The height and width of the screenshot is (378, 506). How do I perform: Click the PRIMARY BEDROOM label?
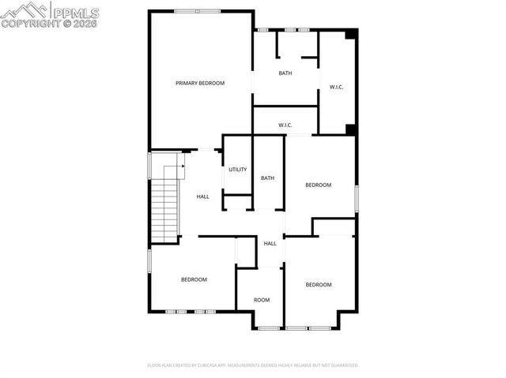click(x=200, y=83)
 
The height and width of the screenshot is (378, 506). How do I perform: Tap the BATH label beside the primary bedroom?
click(x=285, y=73)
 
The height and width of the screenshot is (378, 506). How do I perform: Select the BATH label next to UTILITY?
click(x=268, y=178)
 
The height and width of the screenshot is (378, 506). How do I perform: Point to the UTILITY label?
click(x=237, y=170)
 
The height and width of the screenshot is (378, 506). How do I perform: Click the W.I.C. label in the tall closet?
click(x=336, y=87)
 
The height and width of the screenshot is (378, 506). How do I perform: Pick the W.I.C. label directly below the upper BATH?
click(x=285, y=125)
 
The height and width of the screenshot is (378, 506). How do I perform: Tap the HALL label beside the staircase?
click(x=203, y=196)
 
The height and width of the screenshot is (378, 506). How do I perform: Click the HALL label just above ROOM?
click(x=270, y=243)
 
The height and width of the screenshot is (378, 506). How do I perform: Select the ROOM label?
click(x=262, y=300)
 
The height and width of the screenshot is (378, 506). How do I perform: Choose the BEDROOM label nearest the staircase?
click(x=194, y=279)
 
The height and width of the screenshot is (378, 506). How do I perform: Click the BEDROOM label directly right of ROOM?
click(x=319, y=284)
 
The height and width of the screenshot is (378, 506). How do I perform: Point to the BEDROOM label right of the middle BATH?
click(x=319, y=185)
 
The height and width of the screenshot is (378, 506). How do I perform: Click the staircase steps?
click(x=166, y=201)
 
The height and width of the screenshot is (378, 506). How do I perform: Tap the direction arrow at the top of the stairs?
click(x=180, y=164)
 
